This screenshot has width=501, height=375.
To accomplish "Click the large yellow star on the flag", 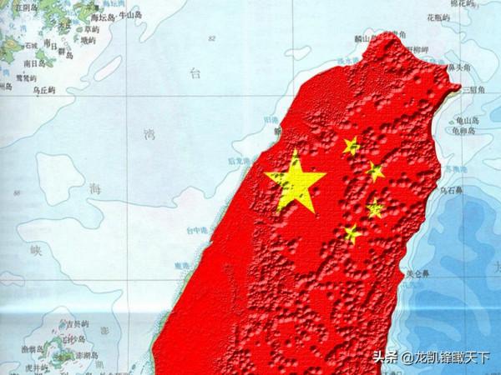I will (x=295, y=181).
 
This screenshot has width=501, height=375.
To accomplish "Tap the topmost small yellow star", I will (x=351, y=146).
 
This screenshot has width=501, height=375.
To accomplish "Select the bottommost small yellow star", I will (x=352, y=234).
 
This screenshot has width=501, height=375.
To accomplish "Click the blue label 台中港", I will (x=200, y=229).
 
